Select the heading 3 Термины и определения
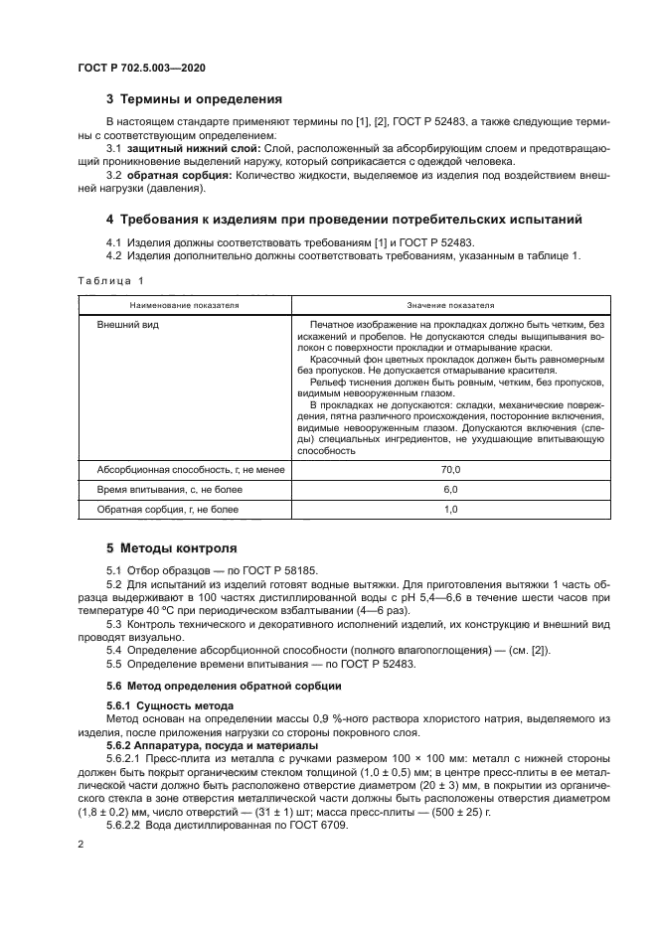194,99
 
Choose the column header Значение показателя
449,305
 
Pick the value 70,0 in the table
450,469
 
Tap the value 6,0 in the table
450,489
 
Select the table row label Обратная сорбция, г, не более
166,509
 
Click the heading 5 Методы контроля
171,547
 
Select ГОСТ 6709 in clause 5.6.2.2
320,826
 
